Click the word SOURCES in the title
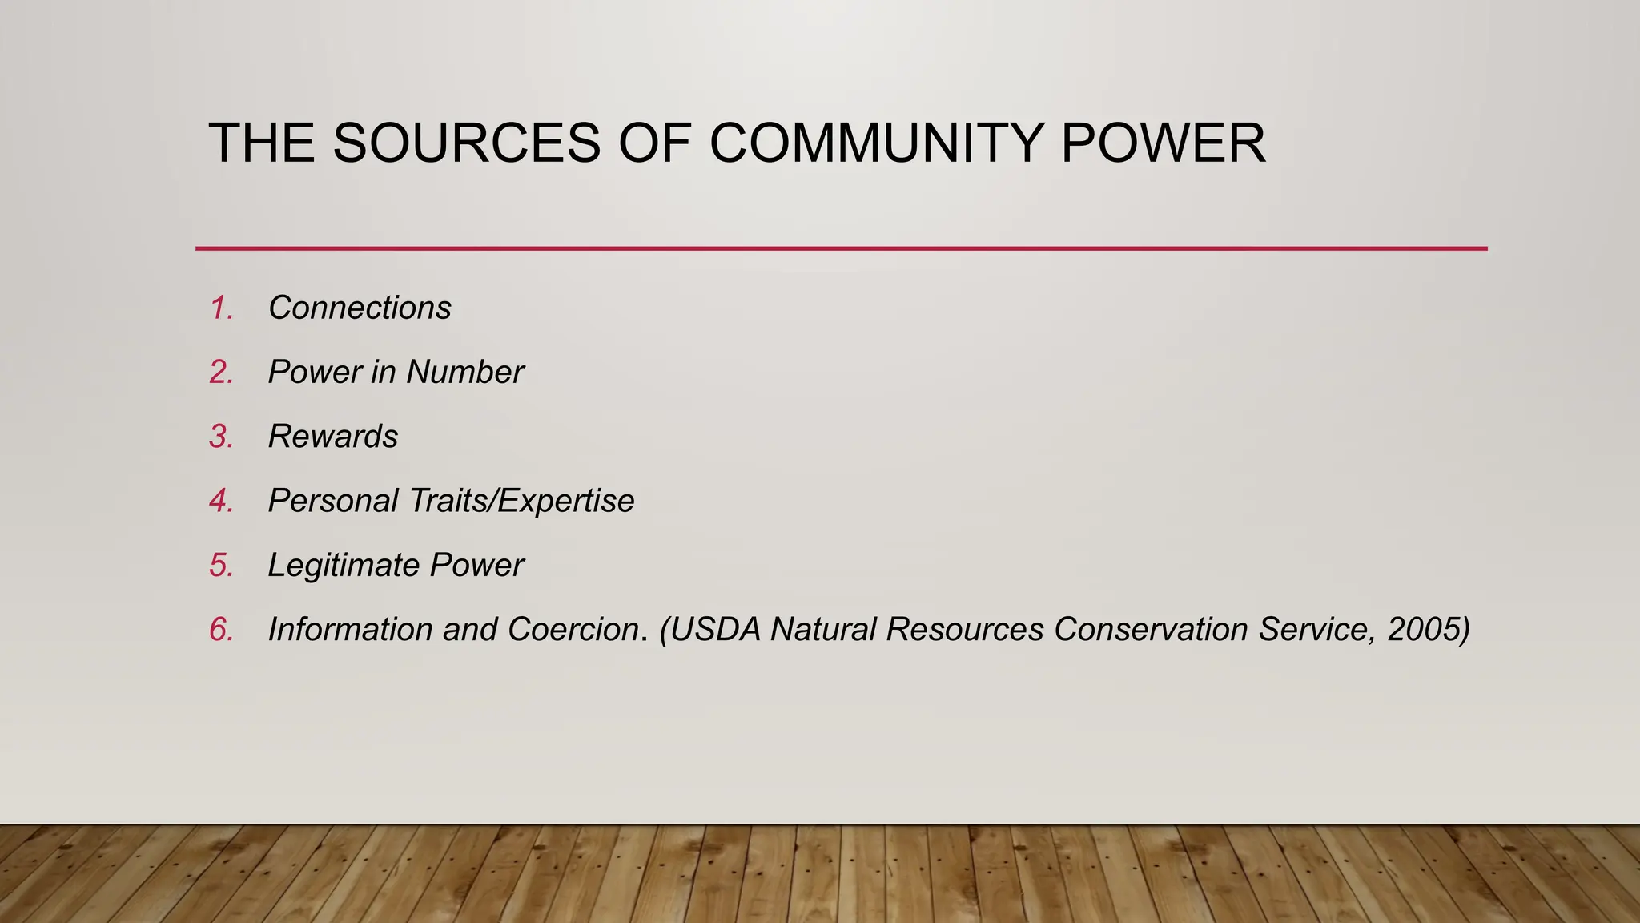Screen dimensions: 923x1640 [x=466, y=144]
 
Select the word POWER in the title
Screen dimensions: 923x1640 [x=1164, y=144]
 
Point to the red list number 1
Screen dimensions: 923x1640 [x=221, y=308]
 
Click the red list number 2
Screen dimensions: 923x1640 [x=221, y=373]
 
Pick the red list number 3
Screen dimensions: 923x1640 [x=221, y=437]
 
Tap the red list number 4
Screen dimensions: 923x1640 [x=221, y=501]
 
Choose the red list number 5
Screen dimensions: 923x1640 [x=221, y=566]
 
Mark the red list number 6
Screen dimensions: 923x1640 [x=221, y=630]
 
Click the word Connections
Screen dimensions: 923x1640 [x=360, y=308]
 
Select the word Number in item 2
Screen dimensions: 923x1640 [x=464, y=373]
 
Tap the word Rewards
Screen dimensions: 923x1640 [x=332, y=437]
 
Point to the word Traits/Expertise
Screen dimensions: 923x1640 [x=521, y=501]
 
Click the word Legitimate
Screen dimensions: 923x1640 [x=344, y=566]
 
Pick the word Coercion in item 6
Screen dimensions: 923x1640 [x=573, y=630]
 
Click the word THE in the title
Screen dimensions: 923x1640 [x=261, y=144]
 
